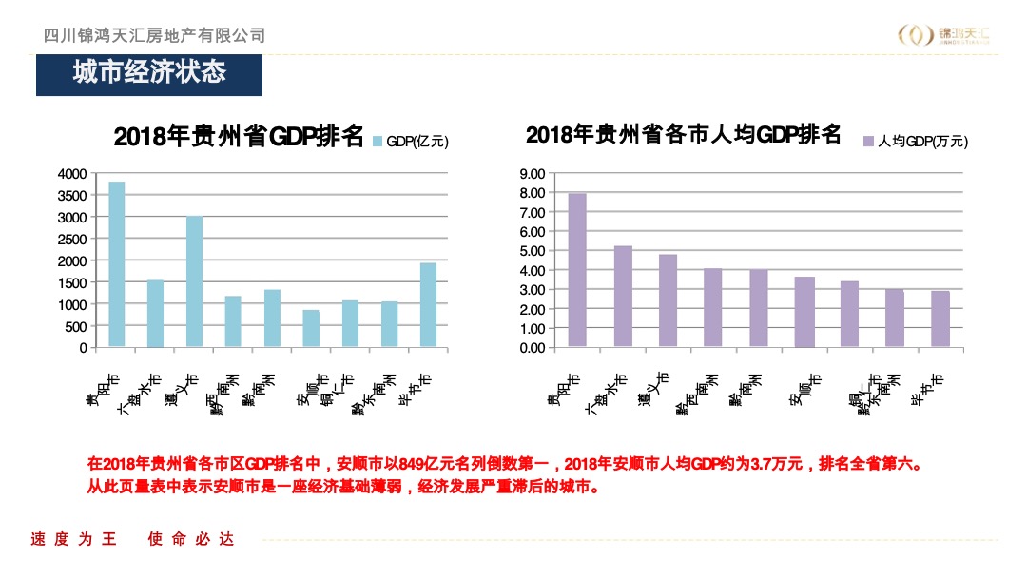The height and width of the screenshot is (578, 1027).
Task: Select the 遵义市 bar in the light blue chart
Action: click(194, 281)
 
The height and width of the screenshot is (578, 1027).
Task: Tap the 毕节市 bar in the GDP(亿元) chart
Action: click(428, 305)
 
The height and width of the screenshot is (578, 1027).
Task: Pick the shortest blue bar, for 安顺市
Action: click(311, 329)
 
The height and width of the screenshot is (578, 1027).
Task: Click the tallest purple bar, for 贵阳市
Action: click(577, 270)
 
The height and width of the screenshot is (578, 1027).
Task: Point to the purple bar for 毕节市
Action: click(940, 319)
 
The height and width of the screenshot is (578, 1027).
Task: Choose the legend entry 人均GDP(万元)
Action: click(915, 142)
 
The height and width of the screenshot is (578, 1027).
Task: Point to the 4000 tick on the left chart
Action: click(71, 174)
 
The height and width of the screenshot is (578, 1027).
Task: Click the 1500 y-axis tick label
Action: click(71, 282)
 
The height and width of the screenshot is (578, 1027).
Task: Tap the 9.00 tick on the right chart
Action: click(532, 174)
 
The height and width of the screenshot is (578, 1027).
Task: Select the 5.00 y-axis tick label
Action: click(532, 251)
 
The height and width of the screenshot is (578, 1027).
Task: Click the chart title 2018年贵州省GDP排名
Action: click(239, 137)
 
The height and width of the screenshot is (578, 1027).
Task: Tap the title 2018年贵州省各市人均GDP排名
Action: click(684, 135)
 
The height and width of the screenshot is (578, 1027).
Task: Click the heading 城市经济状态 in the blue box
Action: click(149, 73)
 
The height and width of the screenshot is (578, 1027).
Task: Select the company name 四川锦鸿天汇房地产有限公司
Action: click(155, 35)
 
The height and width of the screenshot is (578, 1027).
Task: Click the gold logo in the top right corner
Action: click(945, 35)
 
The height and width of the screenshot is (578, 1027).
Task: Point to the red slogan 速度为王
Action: click(74, 540)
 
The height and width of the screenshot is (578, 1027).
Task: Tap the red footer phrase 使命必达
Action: click(190, 540)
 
